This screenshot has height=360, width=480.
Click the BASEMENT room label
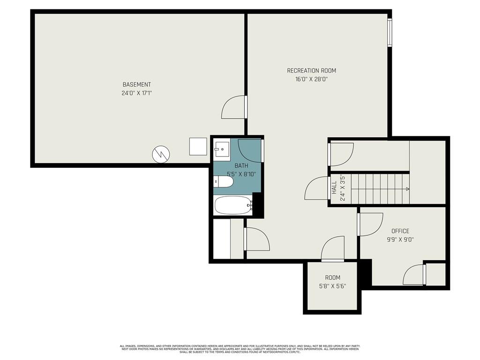tap(136, 84)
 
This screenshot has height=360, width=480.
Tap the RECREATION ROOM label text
tap(311, 71)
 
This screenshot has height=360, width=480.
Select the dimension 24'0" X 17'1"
tap(136, 93)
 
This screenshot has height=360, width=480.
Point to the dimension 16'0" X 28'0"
tap(311, 79)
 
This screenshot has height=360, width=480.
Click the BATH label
tap(241, 165)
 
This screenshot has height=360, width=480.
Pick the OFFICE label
tap(400, 231)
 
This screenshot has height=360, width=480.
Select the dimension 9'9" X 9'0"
tap(400, 240)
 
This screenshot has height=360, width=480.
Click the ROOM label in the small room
tap(332, 277)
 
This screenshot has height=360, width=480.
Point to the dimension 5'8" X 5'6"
tap(332, 286)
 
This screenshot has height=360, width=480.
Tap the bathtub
tap(233, 205)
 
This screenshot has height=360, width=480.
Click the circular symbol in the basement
tap(161, 153)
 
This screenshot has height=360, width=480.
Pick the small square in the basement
tap(198, 146)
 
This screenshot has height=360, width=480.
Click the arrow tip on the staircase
tap(407, 189)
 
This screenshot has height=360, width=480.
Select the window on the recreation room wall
tap(390, 32)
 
